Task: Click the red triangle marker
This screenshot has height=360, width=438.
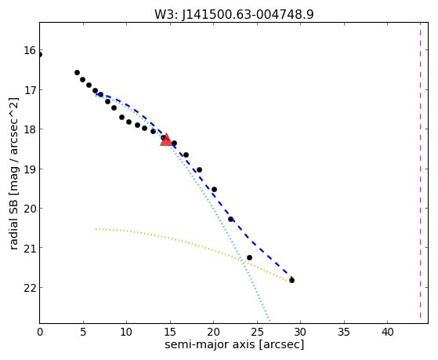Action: [166, 140]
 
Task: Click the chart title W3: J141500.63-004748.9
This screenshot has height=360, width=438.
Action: [234, 14]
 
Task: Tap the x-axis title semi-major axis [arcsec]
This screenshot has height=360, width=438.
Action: [234, 344]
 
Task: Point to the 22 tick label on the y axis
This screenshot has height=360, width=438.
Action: [30, 288]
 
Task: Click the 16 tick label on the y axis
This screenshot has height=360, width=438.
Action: [30, 51]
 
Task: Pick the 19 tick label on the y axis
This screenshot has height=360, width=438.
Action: [30, 169]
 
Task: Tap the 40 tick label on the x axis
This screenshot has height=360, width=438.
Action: [387, 332]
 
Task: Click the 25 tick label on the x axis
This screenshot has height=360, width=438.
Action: [257, 332]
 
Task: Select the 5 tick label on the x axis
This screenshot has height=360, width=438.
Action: [83, 332]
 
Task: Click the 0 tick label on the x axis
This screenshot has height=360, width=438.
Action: [40, 332]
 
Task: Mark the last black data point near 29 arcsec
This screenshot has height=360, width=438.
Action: [292, 280]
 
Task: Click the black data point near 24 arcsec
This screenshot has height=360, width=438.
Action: [249, 257]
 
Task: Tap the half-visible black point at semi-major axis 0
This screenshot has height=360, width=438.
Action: [40, 55]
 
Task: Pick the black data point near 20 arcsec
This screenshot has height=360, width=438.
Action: [214, 189]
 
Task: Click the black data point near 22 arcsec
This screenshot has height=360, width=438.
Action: [230, 219]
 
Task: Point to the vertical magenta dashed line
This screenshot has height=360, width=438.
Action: [420, 170]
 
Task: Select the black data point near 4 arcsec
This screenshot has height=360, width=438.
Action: [77, 72]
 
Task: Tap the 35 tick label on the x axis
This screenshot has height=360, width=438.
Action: [344, 332]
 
